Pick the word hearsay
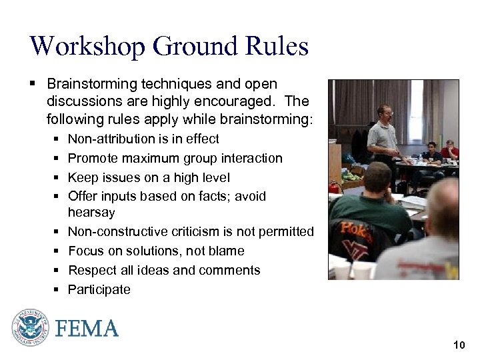(x=91, y=213)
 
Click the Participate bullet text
(x=99, y=289)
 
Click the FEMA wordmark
(x=87, y=329)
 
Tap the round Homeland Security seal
(x=30, y=328)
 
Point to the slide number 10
(x=459, y=345)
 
